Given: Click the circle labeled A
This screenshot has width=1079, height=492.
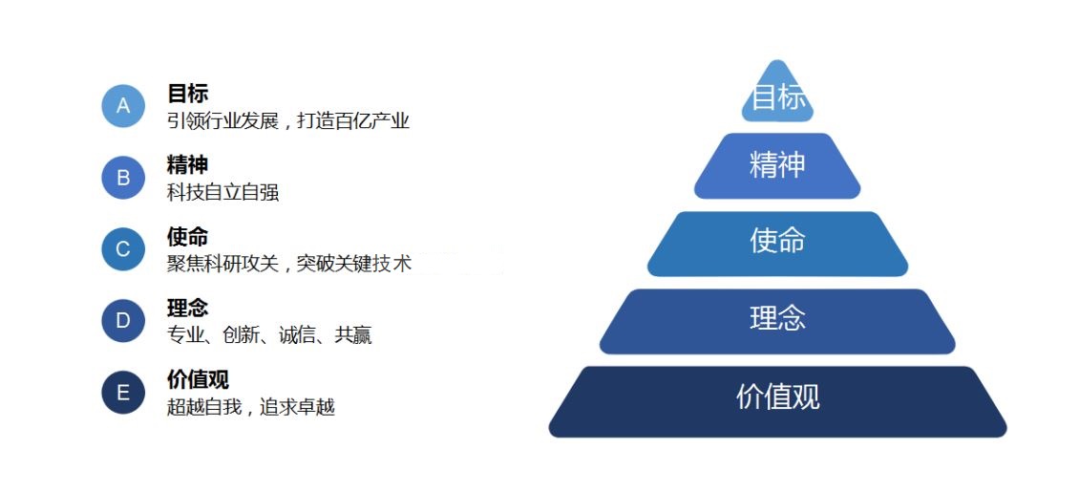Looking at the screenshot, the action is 123,106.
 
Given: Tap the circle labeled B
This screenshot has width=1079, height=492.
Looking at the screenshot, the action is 123,178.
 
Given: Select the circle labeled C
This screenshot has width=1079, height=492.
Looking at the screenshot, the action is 123,249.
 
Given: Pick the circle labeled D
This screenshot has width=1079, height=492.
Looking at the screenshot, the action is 123,321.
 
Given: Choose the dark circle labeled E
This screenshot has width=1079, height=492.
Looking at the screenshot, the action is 123,393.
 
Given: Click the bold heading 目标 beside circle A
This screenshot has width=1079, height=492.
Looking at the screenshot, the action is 187,94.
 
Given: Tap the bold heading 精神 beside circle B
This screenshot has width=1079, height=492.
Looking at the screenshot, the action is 187,165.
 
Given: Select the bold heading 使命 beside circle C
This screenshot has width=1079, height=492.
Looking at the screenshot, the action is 187,237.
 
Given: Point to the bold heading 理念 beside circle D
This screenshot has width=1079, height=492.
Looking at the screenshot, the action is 187,308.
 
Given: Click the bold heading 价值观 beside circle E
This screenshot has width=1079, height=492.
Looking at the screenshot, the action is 198,379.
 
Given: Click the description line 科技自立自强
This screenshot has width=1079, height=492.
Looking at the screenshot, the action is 222,193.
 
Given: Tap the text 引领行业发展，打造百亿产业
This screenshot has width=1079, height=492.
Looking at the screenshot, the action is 288,121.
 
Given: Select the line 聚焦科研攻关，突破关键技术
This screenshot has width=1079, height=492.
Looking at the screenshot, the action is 289,264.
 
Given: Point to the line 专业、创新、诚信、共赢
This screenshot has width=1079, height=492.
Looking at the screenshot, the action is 269,335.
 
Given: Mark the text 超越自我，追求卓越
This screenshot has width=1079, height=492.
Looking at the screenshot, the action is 250,407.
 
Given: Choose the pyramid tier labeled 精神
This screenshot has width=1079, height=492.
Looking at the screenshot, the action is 777,166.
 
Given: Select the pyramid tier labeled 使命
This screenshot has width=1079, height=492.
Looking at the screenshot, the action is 777,244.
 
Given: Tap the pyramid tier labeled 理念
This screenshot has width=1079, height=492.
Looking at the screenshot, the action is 777,321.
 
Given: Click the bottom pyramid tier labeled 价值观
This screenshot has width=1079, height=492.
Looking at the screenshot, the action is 777,401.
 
